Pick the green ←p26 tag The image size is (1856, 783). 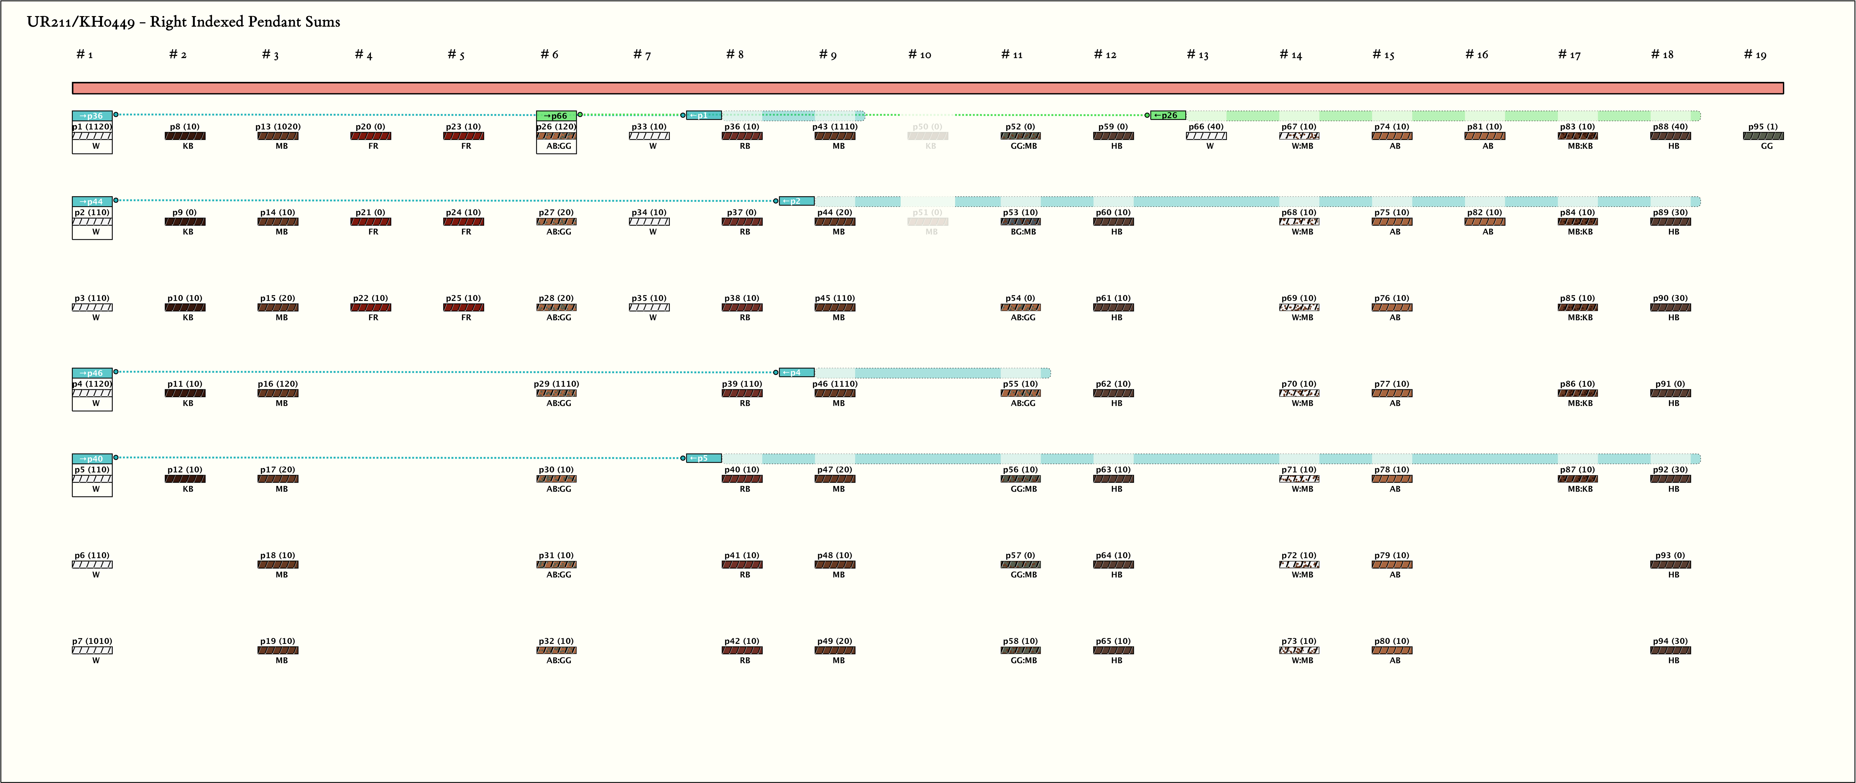tap(1167, 115)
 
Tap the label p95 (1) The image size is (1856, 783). tap(1762, 127)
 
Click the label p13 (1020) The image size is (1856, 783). tap(278, 127)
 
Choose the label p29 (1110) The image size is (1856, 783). tap(556, 384)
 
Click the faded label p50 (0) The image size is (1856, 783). tap(927, 127)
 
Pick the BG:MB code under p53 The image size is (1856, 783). tap(1023, 232)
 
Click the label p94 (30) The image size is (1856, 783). tap(1670, 641)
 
